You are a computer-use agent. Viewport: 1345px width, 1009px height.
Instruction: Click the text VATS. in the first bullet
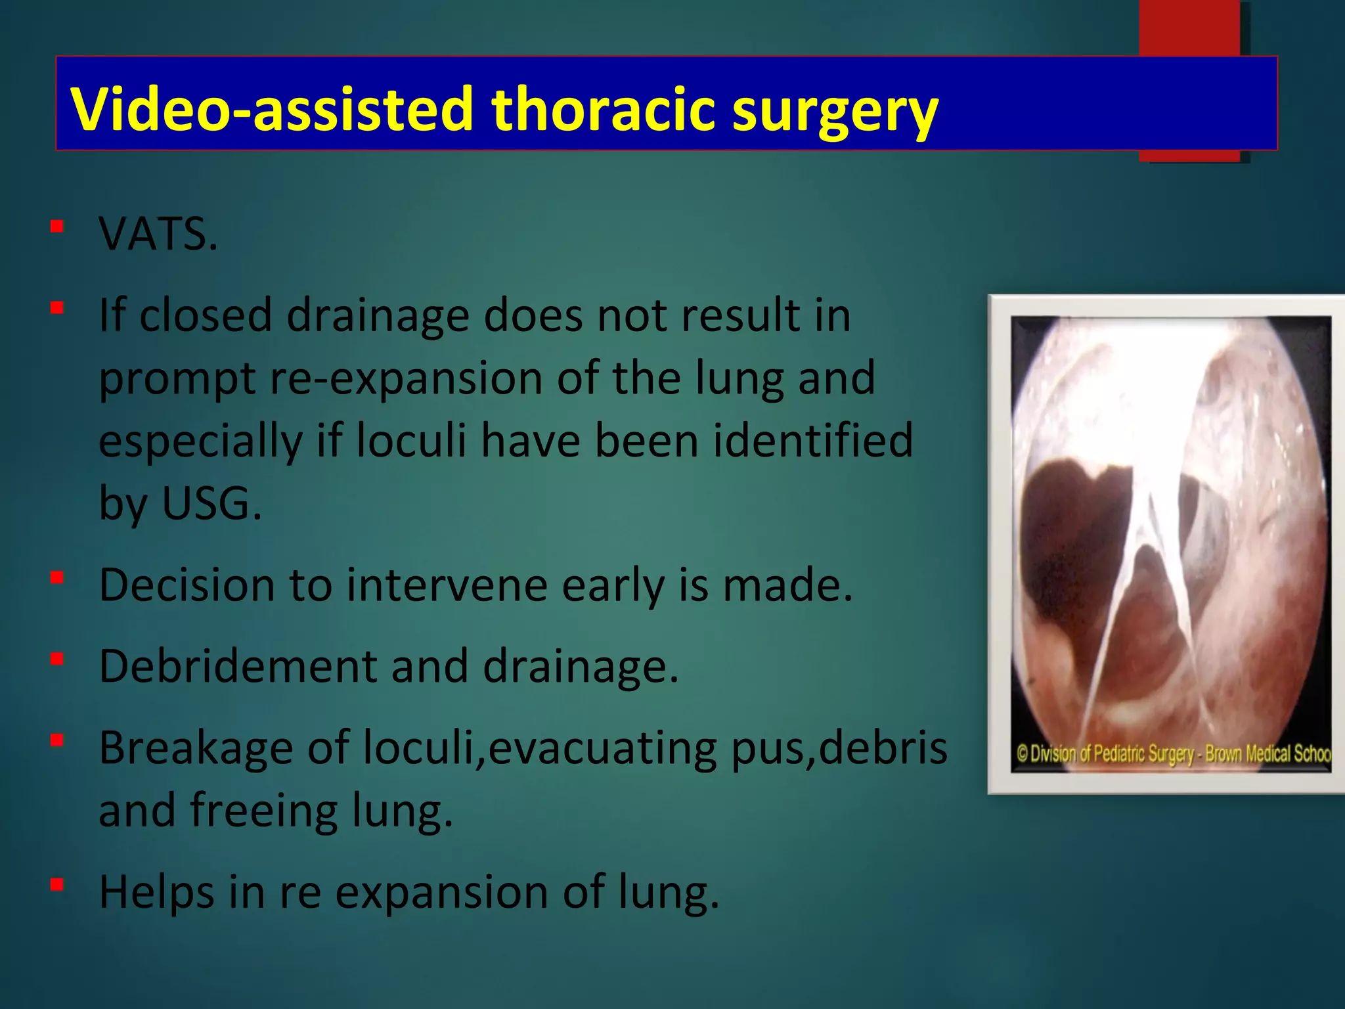click(x=158, y=235)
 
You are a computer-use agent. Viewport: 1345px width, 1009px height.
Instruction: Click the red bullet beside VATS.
click(x=57, y=227)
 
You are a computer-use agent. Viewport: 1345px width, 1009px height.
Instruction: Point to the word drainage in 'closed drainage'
click(x=378, y=315)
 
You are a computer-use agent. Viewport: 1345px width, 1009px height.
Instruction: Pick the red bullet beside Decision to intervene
click(x=57, y=577)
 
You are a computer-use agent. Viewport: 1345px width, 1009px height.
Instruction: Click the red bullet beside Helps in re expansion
click(x=57, y=885)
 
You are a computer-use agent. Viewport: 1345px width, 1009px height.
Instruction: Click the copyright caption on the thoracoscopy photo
click(x=1172, y=753)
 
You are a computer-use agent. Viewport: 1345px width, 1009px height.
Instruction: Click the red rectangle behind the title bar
click(x=1189, y=26)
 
